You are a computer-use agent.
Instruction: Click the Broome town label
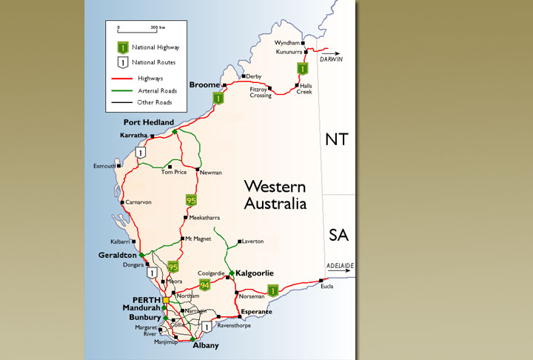click(x=204, y=85)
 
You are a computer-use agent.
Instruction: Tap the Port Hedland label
click(x=150, y=122)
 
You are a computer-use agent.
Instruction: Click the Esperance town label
click(x=255, y=312)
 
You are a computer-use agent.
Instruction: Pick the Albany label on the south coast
click(x=204, y=346)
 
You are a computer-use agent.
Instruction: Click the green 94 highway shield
click(x=195, y=284)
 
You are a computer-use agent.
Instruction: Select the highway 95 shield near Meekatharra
click(x=191, y=199)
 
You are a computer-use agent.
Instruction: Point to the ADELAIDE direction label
click(x=341, y=265)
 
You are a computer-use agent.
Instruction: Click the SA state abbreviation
click(x=338, y=236)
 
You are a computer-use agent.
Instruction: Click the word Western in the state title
click(x=272, y=186)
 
